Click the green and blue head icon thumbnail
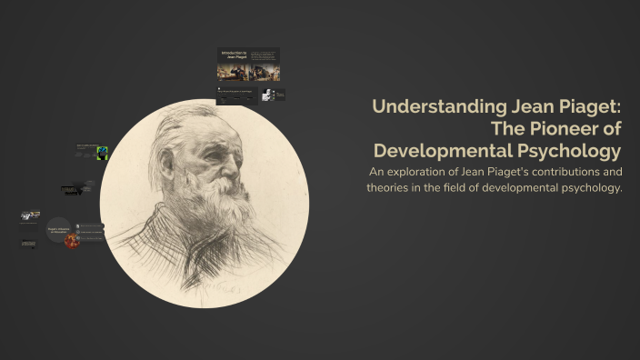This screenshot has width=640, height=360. (103, 153)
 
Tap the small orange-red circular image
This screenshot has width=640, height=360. (72, 240)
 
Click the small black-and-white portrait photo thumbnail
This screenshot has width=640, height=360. (268, 95)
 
